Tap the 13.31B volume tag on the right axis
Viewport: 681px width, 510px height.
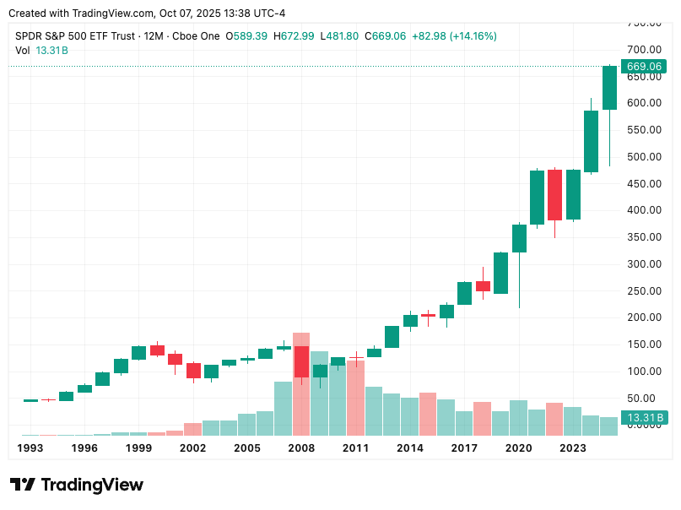645,417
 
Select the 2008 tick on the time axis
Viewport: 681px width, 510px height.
301,448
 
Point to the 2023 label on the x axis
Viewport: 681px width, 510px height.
573,448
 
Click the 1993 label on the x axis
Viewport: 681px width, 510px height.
30,448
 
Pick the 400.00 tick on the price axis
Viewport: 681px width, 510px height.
643,210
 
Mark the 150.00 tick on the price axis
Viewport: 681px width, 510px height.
643,345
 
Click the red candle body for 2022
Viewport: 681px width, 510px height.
554,194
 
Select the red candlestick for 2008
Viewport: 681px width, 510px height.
301,361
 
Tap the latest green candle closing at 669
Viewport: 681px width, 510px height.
609,87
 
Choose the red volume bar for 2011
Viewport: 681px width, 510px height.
355,397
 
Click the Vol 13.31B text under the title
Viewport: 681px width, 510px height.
42,51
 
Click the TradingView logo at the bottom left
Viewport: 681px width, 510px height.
77,485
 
